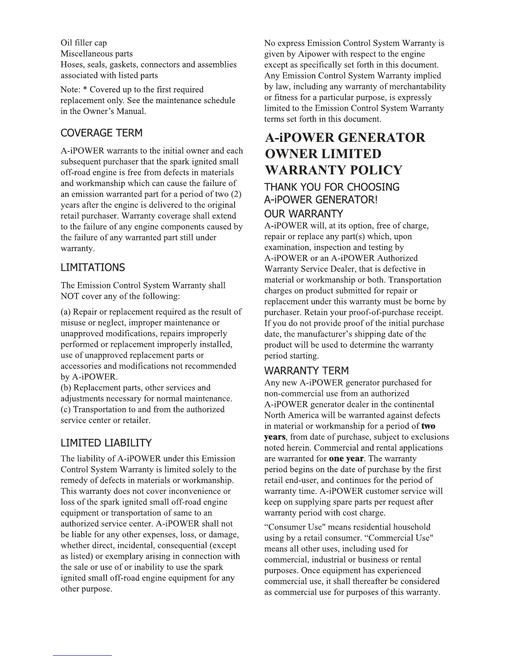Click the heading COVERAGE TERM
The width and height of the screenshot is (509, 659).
[x=101, y=133]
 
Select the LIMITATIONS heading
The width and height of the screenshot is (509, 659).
[x=93, y=268]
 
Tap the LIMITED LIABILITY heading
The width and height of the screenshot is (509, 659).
[x=106, y=443]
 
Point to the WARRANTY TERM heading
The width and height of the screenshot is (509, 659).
[x=307, y=371]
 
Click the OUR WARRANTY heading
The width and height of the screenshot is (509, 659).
[x=304, y=214]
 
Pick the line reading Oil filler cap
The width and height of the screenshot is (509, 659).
[x=84, y=43]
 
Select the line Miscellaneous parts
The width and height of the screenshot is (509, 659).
[x=97, y=54]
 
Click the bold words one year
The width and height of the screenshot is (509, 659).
[x=346, y=459]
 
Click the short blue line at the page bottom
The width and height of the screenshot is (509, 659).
[x=82, y=655]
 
